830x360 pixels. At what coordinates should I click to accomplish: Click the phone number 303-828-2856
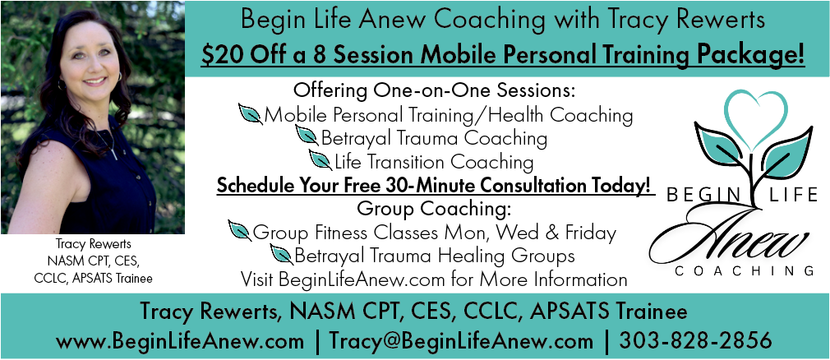coord(695,340)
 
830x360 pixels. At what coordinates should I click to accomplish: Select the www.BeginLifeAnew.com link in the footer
coord(180,341)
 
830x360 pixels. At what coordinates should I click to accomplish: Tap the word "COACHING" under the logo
coord(745,271)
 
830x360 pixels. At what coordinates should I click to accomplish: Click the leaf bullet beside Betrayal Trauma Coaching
coord(307,136)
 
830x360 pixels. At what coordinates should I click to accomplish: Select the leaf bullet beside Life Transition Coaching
coord(320,159)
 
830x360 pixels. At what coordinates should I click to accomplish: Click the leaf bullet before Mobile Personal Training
coord(251,113)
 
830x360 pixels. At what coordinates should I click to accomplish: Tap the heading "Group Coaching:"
coord(434,209)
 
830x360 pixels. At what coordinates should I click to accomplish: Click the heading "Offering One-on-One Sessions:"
coord(434,90)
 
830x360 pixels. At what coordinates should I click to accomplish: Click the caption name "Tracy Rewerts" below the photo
coord(93,244)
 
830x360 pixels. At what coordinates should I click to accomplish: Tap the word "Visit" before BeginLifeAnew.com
coord(257,279)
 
